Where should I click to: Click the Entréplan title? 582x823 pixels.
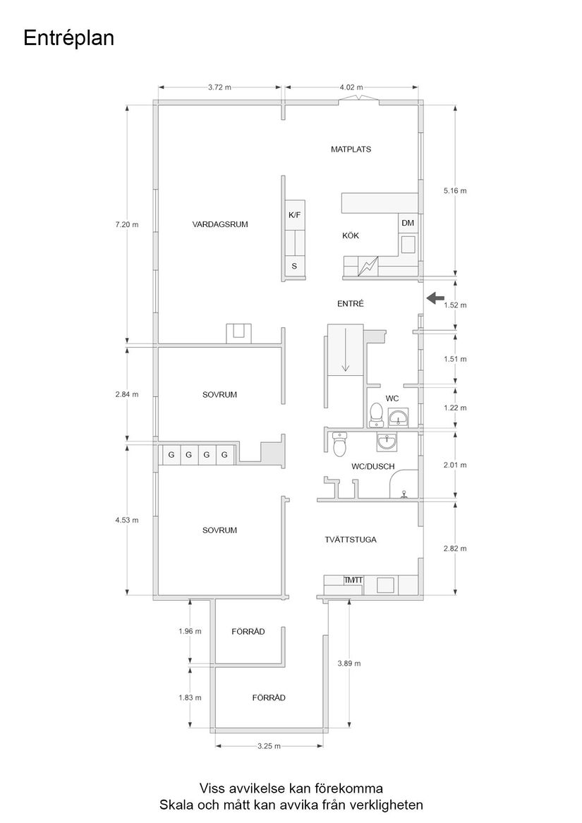tap(68, 38)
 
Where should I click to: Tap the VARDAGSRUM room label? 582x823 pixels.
tap(220, 224)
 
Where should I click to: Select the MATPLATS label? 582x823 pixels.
tap(351, 150)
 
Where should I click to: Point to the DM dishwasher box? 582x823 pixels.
tap(408, 224)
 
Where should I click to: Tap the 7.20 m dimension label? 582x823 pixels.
tap(127, 224)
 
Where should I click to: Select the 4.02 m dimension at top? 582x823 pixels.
tap(351, 87)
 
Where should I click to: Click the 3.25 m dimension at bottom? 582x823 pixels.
tap(269, 745)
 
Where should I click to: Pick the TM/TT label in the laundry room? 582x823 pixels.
tap(353, 580)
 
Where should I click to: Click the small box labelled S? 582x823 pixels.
tap(294, 266)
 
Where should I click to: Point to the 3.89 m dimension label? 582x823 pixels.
tap(349, 664)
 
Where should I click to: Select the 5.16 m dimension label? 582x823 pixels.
tap(455, 190)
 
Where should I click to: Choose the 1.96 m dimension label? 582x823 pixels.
tap(190, 631)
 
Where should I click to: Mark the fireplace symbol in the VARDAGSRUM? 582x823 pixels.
tap(238, 333)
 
